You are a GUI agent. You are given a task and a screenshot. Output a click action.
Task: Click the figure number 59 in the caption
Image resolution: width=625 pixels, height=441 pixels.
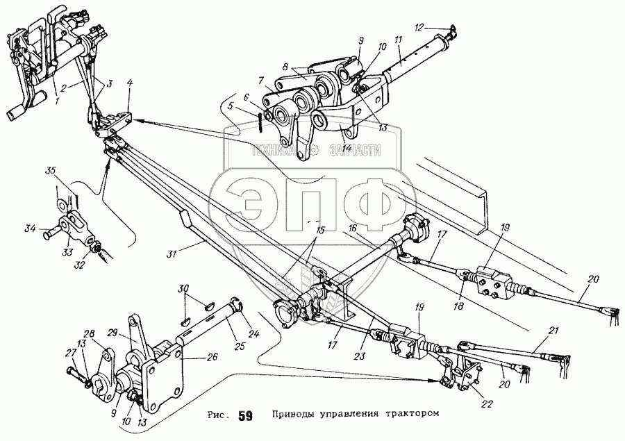coord(245,417)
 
